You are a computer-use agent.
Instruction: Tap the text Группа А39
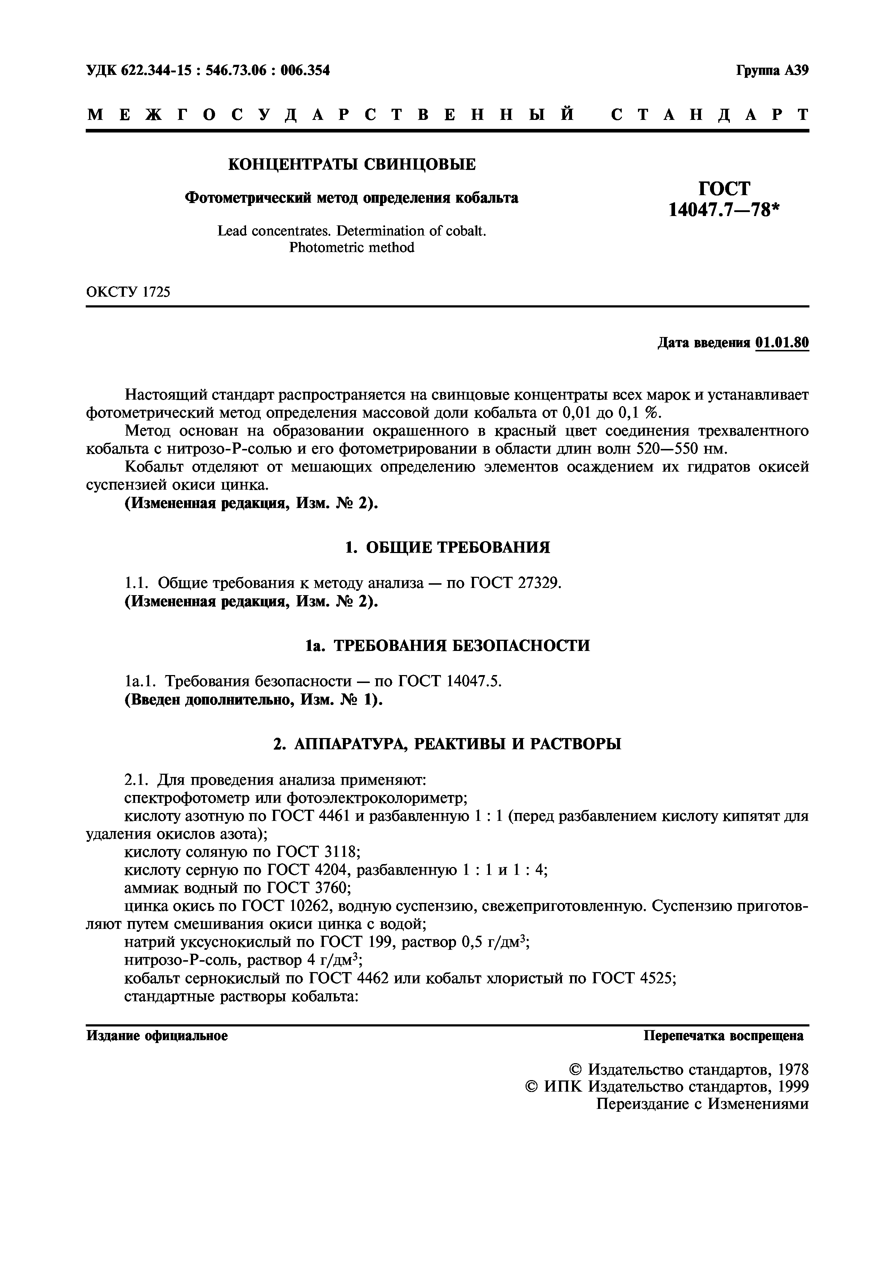(772, 71)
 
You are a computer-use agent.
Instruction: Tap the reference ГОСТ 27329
(515, 583)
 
